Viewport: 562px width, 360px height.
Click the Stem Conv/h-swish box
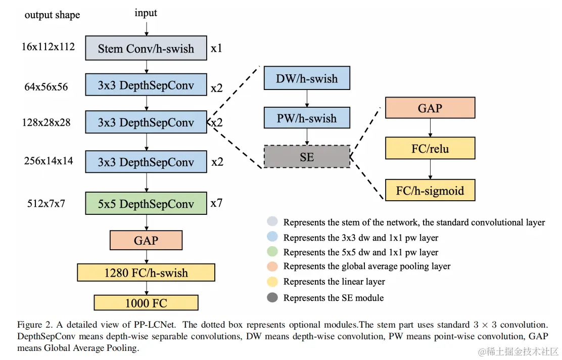coord(146,48)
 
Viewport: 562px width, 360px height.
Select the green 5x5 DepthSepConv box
coord(146,203)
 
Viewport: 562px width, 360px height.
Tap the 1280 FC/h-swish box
coord(146,273)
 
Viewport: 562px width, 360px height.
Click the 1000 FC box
coord(146,303)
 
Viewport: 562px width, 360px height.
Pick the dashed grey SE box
coord(307,156)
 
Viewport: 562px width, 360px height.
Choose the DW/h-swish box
coord(307,78)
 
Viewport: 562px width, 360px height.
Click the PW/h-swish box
coord(307,118)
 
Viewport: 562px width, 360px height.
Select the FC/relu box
coord(430,148)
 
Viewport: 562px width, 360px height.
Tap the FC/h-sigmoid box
coord(430,190)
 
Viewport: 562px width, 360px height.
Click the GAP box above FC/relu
coord(430,108)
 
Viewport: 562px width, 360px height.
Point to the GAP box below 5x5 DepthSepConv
coord(146,240)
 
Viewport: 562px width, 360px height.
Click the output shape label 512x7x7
coord(46,204)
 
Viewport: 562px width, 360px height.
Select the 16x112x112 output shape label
coord(48,47)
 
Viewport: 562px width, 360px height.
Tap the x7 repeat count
coord(216,203)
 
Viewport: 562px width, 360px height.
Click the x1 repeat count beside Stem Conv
coord(216,48)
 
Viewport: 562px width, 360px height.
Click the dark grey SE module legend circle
coord(272,297)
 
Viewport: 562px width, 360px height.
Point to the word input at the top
coord(146,13)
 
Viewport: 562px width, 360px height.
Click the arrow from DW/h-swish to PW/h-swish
coord(307,98)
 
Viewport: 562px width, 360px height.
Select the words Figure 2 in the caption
coord(34,325)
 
